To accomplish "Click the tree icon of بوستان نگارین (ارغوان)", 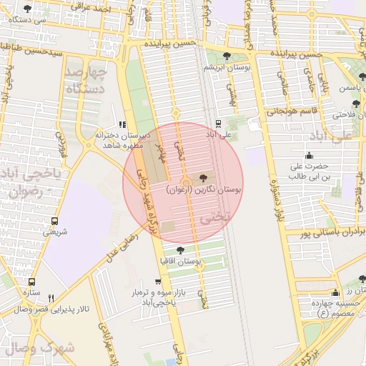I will point(203,176).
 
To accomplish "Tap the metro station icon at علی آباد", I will point(217,124).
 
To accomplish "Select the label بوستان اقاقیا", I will point(182,262).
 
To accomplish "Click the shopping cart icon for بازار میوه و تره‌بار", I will point(158,282).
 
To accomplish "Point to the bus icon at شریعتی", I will point(55,221).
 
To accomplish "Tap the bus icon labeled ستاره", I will point(31,282).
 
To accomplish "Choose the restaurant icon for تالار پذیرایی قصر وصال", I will point(51,298).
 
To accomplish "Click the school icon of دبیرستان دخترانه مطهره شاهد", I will point(122,124).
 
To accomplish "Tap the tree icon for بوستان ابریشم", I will point(227,56).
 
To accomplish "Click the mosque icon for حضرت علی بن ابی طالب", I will point(308,155).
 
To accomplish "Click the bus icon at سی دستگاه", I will point(27,9).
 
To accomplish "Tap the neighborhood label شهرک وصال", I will point(36,348).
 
